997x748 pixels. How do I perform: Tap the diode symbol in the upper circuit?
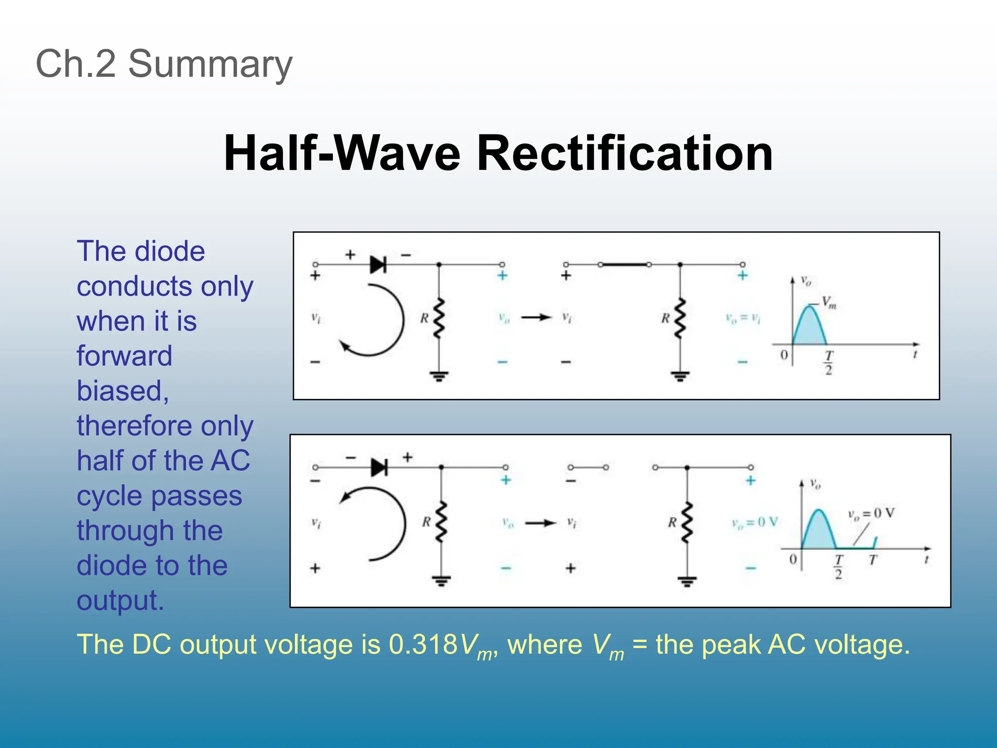378,264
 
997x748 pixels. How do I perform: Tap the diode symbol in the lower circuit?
379,467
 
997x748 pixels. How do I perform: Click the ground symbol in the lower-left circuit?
442,580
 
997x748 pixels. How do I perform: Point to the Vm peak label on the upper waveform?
829,302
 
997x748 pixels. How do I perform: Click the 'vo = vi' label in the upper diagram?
743,319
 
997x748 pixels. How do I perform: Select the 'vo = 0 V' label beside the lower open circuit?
755,523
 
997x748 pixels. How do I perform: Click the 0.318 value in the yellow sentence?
423,644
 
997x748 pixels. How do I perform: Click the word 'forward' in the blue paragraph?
125,355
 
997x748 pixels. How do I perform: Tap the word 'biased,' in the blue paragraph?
123,391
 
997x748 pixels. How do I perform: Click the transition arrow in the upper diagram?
536,318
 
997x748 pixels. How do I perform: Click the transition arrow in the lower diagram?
540,523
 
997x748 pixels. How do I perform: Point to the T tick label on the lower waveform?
873,560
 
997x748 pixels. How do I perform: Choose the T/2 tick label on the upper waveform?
829,362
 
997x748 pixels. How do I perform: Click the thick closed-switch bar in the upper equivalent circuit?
625,264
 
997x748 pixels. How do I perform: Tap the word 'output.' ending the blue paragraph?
120,600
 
